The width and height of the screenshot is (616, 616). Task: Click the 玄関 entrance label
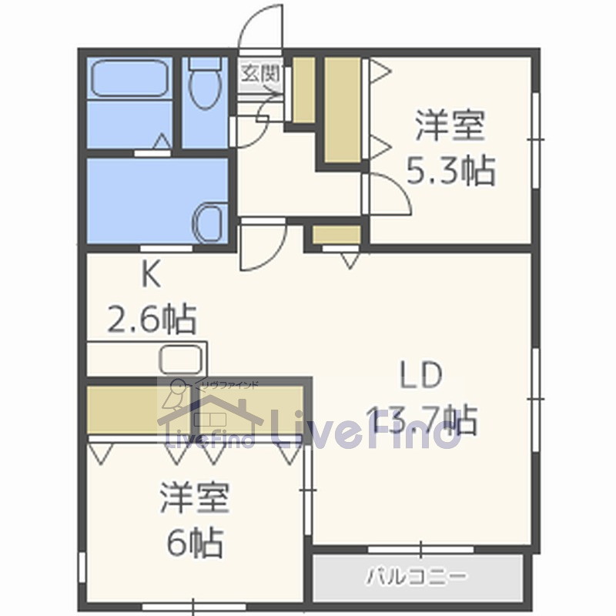pos(258,74)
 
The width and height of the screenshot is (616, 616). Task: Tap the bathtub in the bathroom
pos(130,78)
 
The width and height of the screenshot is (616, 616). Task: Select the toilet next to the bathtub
pos(206,89)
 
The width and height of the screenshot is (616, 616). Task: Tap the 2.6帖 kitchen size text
pos(151,318)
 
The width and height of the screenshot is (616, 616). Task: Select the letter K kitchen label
pos(150,275)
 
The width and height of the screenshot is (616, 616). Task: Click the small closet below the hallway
pos(336,235)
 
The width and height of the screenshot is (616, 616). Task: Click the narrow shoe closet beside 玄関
pos(303,89)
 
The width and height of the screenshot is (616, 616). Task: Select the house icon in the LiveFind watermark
pos(208,420)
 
